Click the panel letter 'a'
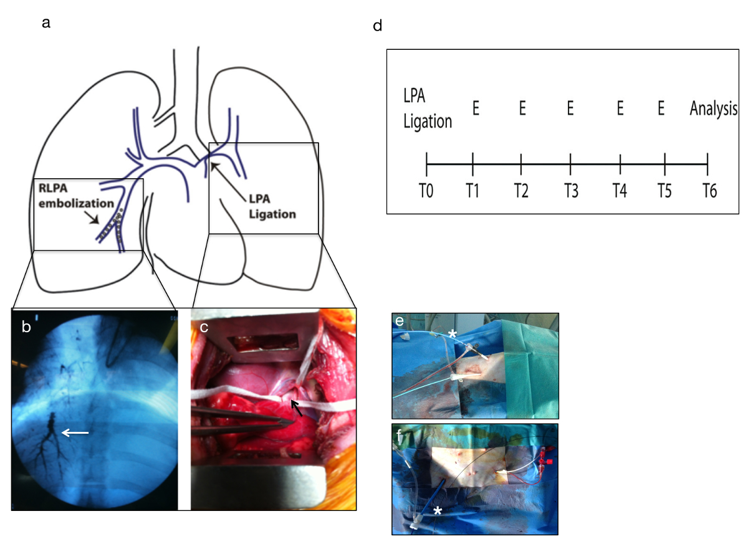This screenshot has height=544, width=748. point(46,24)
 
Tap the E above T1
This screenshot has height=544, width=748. point(475,108)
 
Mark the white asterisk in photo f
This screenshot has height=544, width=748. point(438,511)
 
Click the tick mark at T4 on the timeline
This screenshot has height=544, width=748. point(620,165)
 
